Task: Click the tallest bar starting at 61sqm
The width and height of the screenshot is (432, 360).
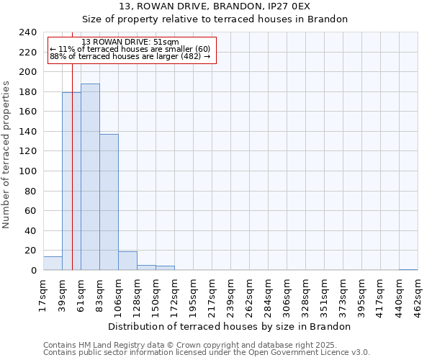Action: [x=90, y=177]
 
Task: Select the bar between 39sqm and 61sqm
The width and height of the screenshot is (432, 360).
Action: [x=71, y=181]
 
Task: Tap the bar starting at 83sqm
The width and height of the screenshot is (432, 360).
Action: [x=109, y=202]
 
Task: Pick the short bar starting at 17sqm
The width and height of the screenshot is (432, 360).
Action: [x=53, y=264]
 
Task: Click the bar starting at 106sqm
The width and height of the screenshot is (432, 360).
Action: [x=127, y=261]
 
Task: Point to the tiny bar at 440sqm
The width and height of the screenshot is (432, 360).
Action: [x=408, y=269]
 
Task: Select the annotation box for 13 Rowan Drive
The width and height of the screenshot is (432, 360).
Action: [x=130, y=50]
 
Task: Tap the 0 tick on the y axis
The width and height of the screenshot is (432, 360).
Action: [x=34, y=271]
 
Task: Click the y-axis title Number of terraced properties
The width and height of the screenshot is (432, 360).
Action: [x=7, y=154]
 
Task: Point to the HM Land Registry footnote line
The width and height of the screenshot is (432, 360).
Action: [x=189, y=345]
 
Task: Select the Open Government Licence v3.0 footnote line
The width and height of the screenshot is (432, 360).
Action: [x=207, y=353]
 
